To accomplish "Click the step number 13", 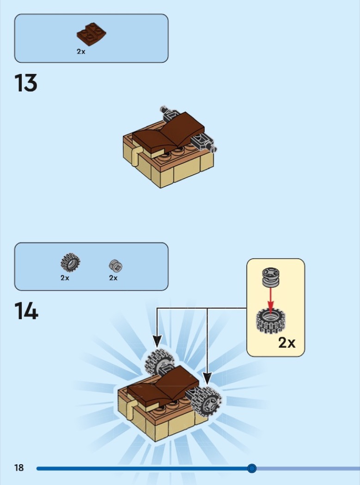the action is click(x=26, y=83).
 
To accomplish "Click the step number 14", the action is click(x=26, y=311).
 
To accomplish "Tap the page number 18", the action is click(x=19, y=467).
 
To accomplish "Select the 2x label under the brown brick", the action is click(x=81, y=52).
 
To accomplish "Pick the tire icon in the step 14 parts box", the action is click(x=70, y=263).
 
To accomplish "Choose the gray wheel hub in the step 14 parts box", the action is click(x=116, y=266).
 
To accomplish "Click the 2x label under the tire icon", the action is click(x=65, y=278).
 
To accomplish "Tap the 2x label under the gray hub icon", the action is click(x=113, y=278).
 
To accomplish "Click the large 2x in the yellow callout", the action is click(x=287, y=343).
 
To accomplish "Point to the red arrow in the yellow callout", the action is click(x=270, y=300).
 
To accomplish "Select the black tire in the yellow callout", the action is click(x=270, y=321).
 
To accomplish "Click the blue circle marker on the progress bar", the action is click(x=252, y=468).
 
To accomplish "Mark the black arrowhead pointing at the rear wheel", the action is click(x=157, y=341).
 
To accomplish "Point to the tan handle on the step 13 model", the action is click(x=136, y=156).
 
